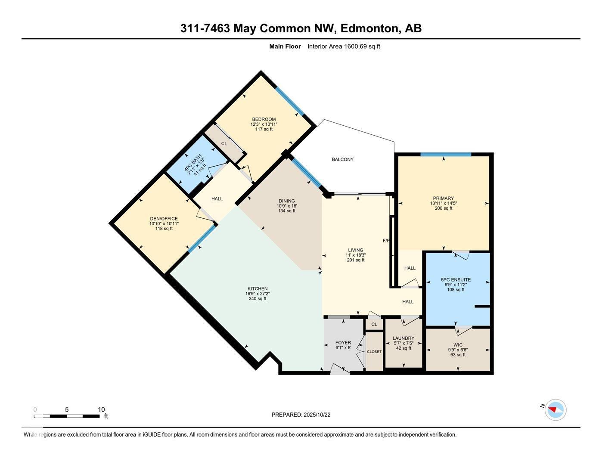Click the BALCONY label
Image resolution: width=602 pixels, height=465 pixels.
(x=342, y=159)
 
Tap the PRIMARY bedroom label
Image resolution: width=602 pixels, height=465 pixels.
(x=443, y=198)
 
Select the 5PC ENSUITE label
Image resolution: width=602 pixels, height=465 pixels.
(x=456, y=279)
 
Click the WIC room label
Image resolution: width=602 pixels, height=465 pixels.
(x=458, y=345)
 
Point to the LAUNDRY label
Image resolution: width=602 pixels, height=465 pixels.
(x=403, y=338)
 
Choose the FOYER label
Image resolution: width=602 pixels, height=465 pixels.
(x=343, y=343)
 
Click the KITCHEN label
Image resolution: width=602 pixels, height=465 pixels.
(x=258, y=288)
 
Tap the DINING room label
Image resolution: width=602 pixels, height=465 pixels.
(x=287, y=201)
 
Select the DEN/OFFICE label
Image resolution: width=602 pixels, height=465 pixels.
(x=164, y=219)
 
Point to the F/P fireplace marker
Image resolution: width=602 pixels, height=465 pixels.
(x=386, y=241)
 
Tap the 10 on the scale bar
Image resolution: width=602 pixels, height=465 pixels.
(x=101, y=409)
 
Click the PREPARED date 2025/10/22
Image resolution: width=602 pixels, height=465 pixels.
(x=317, y=415)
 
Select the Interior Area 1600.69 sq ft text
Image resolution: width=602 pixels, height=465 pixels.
(x=344, y=46)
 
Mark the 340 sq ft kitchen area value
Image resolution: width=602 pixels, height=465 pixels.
(x=258, y=298)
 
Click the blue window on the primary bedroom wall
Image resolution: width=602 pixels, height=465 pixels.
(x=446, y=154)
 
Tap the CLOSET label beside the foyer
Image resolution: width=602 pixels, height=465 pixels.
(x=374, y=351)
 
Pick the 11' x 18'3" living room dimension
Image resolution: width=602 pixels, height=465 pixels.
(x=356, y=255)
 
